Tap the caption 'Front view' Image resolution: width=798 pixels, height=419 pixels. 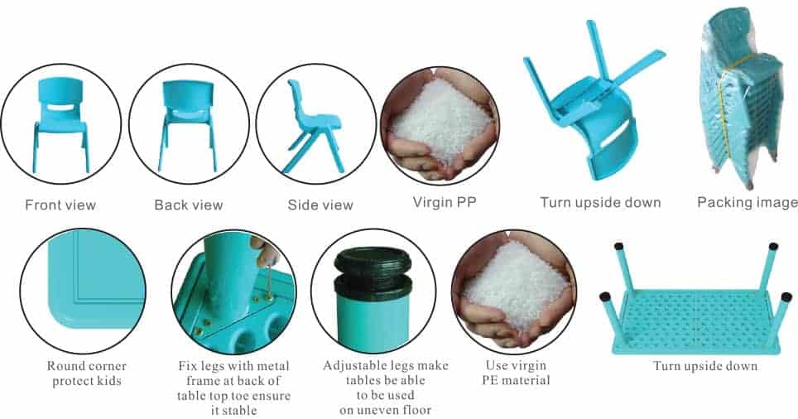[60, 205]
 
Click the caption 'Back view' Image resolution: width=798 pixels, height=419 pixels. [189, 205]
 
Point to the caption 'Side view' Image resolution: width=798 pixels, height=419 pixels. [320, 205]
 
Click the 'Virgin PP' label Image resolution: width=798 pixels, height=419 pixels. [445, 202]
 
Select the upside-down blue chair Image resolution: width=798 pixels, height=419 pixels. [593, 102]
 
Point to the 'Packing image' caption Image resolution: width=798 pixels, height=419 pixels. [748, 202]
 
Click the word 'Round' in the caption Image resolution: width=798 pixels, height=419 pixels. [65, 366]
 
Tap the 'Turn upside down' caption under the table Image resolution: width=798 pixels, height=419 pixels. [705, 366]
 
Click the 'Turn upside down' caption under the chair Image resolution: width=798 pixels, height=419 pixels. [600, 202]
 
